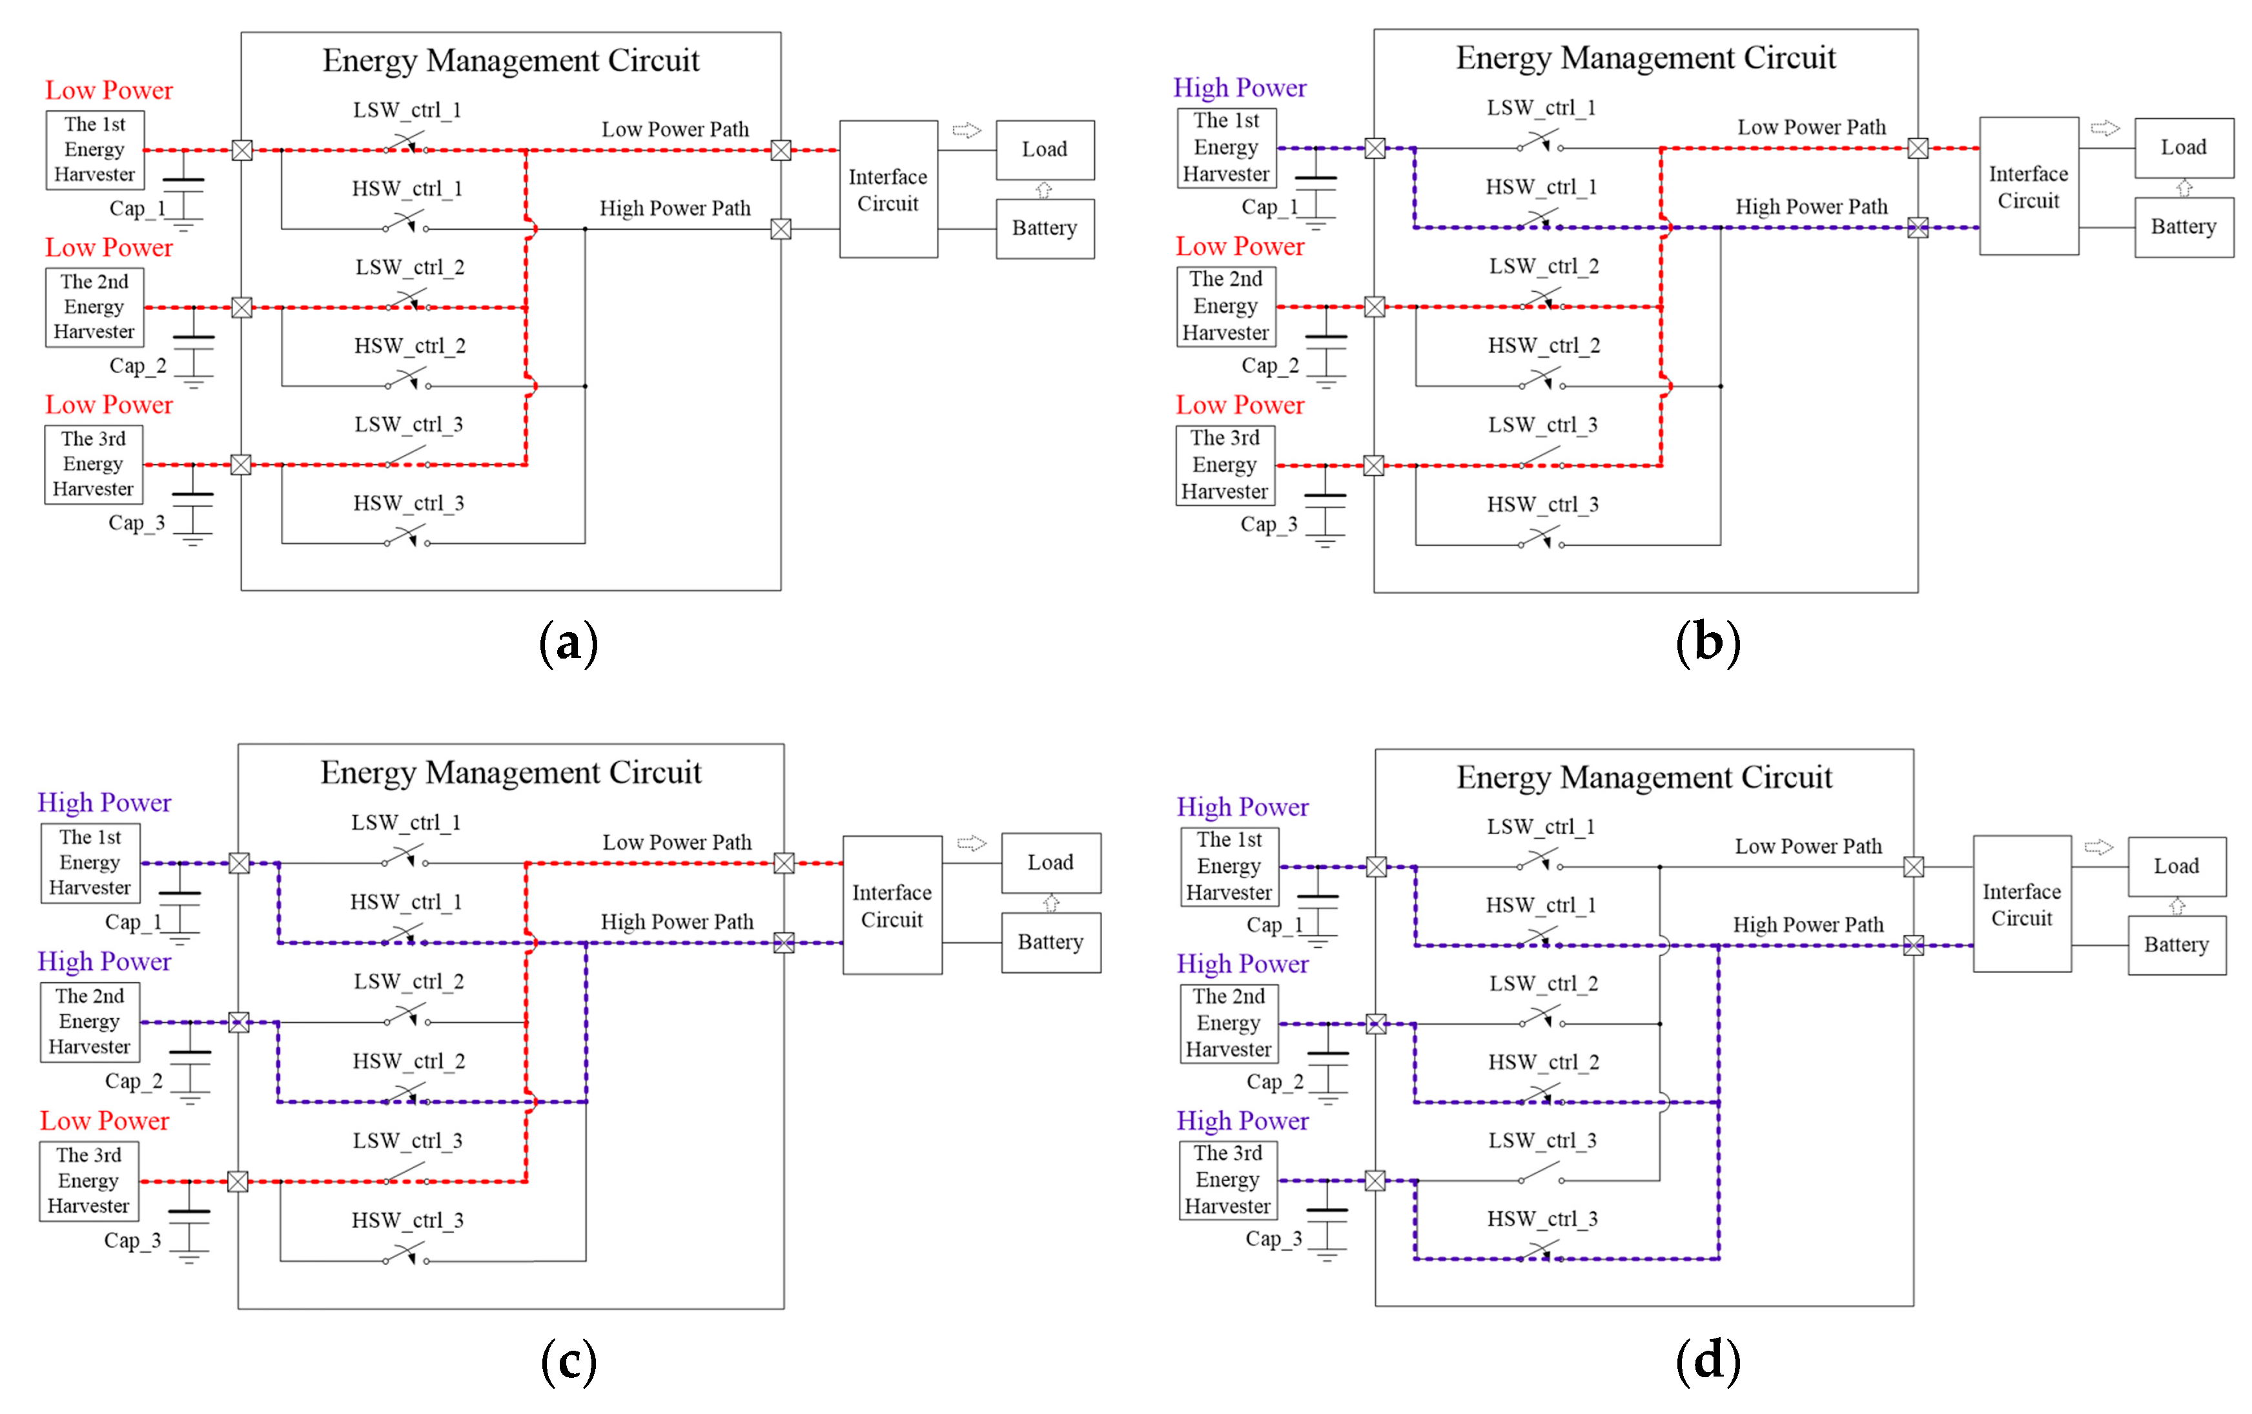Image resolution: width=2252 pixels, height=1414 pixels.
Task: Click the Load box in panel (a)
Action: (1044, 150)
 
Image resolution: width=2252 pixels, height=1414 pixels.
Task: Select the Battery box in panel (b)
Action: (2183, 227)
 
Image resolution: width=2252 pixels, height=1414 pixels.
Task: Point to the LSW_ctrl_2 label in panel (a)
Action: (409, 267)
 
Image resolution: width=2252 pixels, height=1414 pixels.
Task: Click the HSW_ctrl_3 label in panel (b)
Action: (1542, 505)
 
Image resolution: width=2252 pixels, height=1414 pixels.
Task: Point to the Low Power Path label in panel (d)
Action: (1808, 846)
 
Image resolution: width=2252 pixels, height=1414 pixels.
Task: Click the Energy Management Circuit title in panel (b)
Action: (1645, 58)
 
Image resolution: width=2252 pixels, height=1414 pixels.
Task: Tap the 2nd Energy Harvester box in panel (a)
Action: (94, 307)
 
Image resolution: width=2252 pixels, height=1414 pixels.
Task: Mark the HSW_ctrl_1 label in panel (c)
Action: (406, 903)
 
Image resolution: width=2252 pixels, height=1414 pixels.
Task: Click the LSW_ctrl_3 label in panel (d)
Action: (1542, 1141)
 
